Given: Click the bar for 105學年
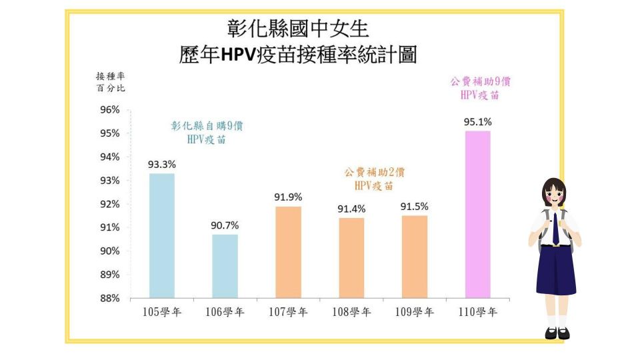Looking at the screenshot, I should pyautogui.click(x=162, y=235).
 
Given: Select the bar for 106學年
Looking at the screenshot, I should pyautogui.click(x=225, y=266).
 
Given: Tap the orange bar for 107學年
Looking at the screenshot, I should pyautogui.click(x=288, y=252).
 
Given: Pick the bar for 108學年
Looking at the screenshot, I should pyautogui.click(x=351, y=258).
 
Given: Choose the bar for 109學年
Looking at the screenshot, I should pyautogui.click(x=414, y=257).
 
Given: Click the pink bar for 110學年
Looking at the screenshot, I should pyautogui.click(x=477, y=214).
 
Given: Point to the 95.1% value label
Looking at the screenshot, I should pyautogui.click(x=477, y=122).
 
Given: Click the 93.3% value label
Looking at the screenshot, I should pyautogui.click(x=162, y=165).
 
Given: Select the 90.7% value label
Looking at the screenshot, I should pyautogui.click(x=225, y=225).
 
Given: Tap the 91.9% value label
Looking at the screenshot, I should pyautogui.click(x=288, y=197).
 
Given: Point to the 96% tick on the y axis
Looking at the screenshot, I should pyautogui.click(x=110, y=110).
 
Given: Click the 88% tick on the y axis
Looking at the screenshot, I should pyautogui.click(x=110, y=298).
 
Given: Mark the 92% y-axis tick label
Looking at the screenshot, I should pyautogui.click(x=110, y=204).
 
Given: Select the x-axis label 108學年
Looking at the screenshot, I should pyautogui.click(x=351, y=312).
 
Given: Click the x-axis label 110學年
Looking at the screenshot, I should pyautogui.click(x=477, y=312).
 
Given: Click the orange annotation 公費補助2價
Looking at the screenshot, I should pyautogui.click(x=375, y=172).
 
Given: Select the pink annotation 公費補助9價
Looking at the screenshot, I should pyautogui.click(x=480, y=82).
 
